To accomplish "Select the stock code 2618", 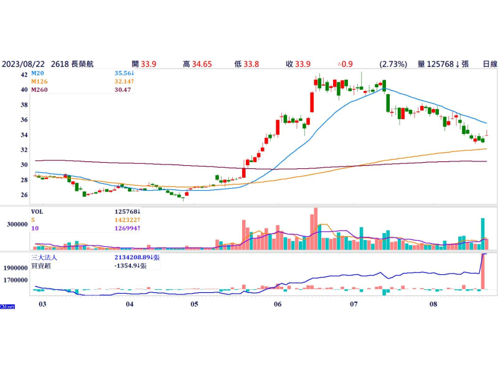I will coord(60,64).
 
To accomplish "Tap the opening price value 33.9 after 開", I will coord(148,64).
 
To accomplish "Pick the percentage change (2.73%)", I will coord(393,64).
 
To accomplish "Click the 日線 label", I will coord(490,64).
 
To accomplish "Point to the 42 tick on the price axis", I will coord(24,74).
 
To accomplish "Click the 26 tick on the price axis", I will coord(24,195).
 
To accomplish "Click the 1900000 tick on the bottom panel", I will coord(14,267).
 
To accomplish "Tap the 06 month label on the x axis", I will coord(278,304).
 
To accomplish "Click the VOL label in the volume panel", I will coord(39,211).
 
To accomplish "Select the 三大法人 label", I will coord(45,257).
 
